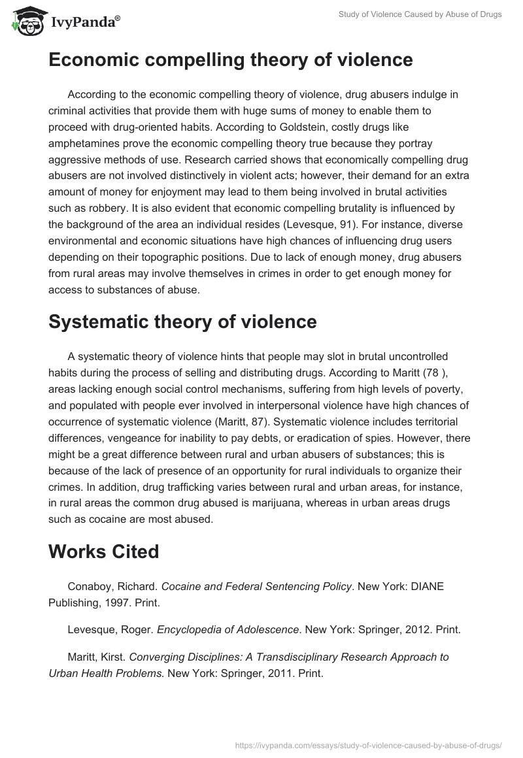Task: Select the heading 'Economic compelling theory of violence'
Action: pyautogui.click(x=231, y=60)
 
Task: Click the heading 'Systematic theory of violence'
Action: pyautogui.click(x=182, y=321)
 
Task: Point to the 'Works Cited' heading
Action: pyautogui.click(x=104, y=552)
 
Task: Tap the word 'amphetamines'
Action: pyautogui.click(x=84, y=144)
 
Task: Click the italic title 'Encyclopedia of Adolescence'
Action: pyautogui.click(x=224, y=630)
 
